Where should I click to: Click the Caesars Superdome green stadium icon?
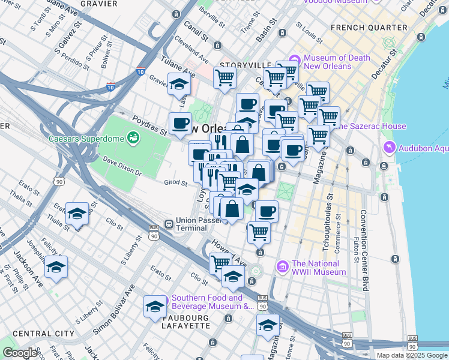coord(133,139)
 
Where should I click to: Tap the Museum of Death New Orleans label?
coord(327,62)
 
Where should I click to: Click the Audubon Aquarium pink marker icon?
coord(390,147)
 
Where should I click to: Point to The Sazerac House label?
coord(373,126)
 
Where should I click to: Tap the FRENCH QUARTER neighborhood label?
coord(369,28)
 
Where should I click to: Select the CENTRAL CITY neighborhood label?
coord(35,334)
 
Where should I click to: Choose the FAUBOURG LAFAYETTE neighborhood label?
coord(186,321)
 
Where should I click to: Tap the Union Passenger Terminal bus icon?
coord(169,224)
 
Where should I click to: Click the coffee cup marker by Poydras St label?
coord(180,123)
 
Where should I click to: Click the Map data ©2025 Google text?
coord(412,355)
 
